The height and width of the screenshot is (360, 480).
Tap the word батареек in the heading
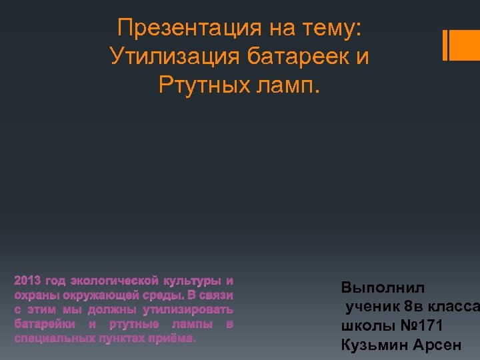point(293,57)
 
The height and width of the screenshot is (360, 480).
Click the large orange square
point(465,45)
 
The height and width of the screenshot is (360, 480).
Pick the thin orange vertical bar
point(445,45)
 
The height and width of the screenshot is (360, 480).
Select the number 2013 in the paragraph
point(27,281)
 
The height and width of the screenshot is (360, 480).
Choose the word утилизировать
point(188,310)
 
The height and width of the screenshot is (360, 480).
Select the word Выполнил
point(382,288)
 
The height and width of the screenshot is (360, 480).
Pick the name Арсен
point(437,345)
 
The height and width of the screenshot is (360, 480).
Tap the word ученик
point(372,307)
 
